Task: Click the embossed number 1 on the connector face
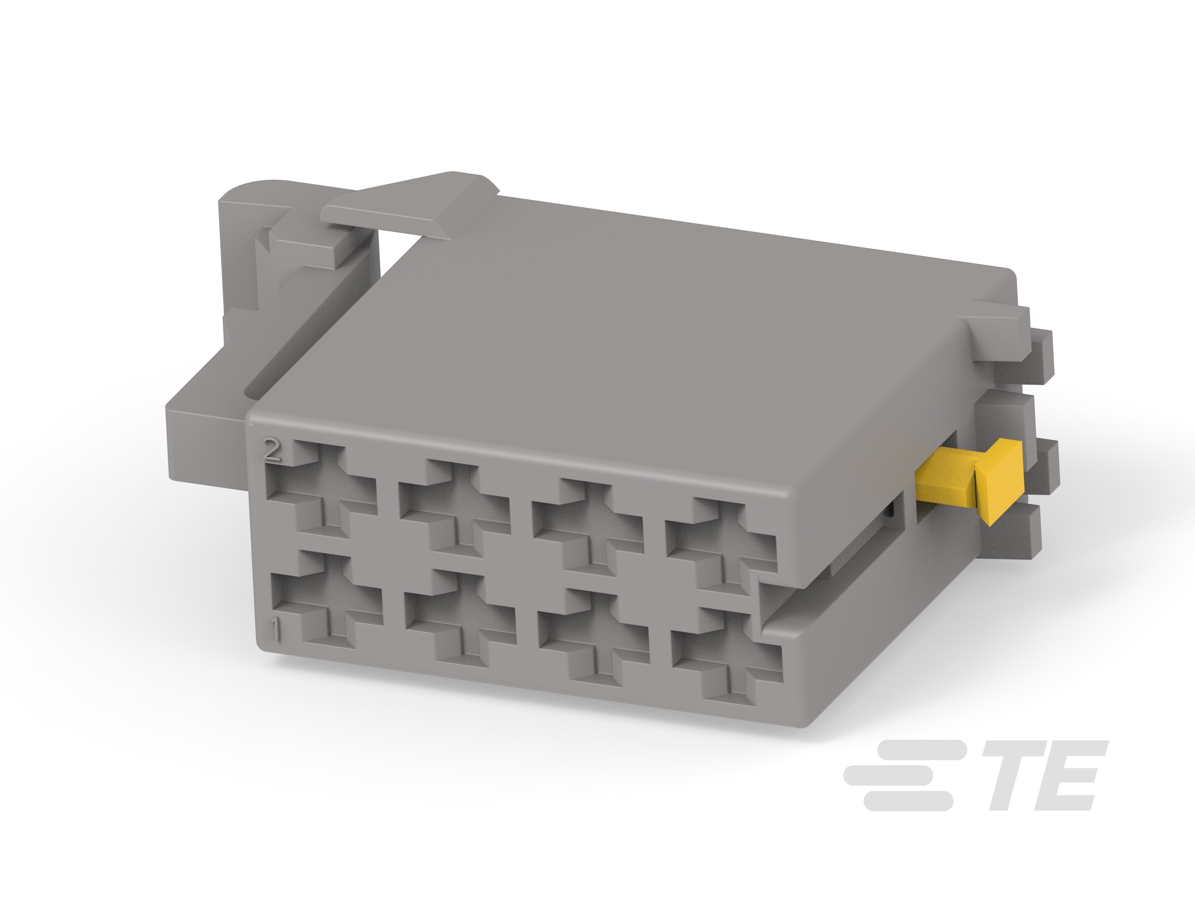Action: point(276,630)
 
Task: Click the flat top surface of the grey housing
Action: point(621,324)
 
